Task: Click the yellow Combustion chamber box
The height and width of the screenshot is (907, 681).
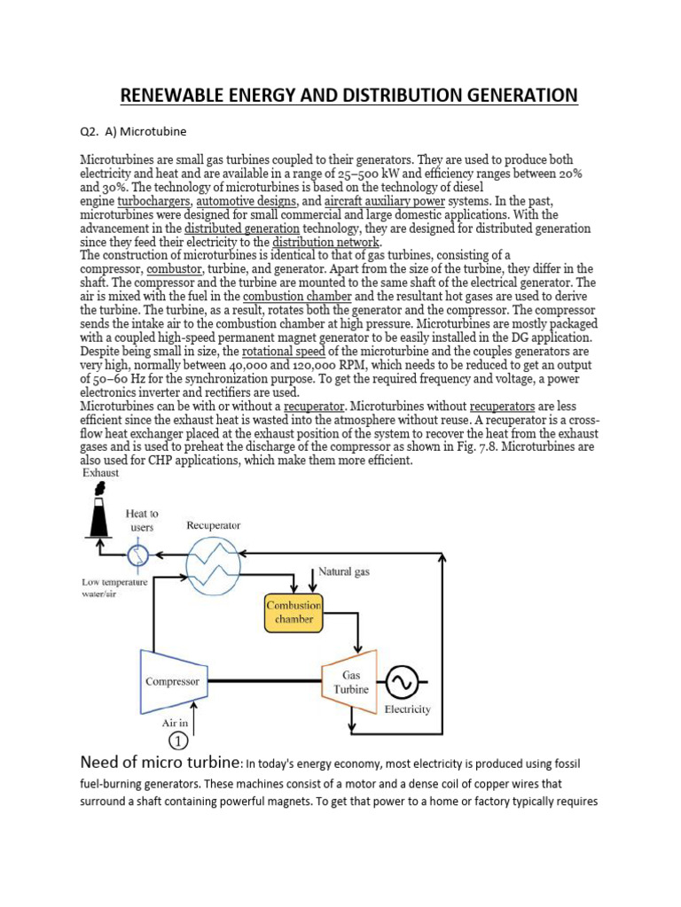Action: pos(294,612)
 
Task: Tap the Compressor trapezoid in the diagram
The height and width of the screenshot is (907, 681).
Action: pos(174,681)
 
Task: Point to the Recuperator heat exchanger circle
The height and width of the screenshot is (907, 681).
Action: pos(213,559)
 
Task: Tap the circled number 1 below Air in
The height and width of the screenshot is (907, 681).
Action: pos(176,740)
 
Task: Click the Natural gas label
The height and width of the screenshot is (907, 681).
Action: pos(344,572)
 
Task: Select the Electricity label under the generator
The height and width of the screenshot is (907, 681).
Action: pos(407,709)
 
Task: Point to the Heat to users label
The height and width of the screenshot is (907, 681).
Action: pos(142,520)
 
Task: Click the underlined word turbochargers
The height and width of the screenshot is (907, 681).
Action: pos(155,201)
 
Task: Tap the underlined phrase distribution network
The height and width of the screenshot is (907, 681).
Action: pos(325,242)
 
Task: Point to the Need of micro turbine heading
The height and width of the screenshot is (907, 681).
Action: pos(161,762)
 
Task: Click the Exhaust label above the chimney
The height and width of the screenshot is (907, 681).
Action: pos(100,473)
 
